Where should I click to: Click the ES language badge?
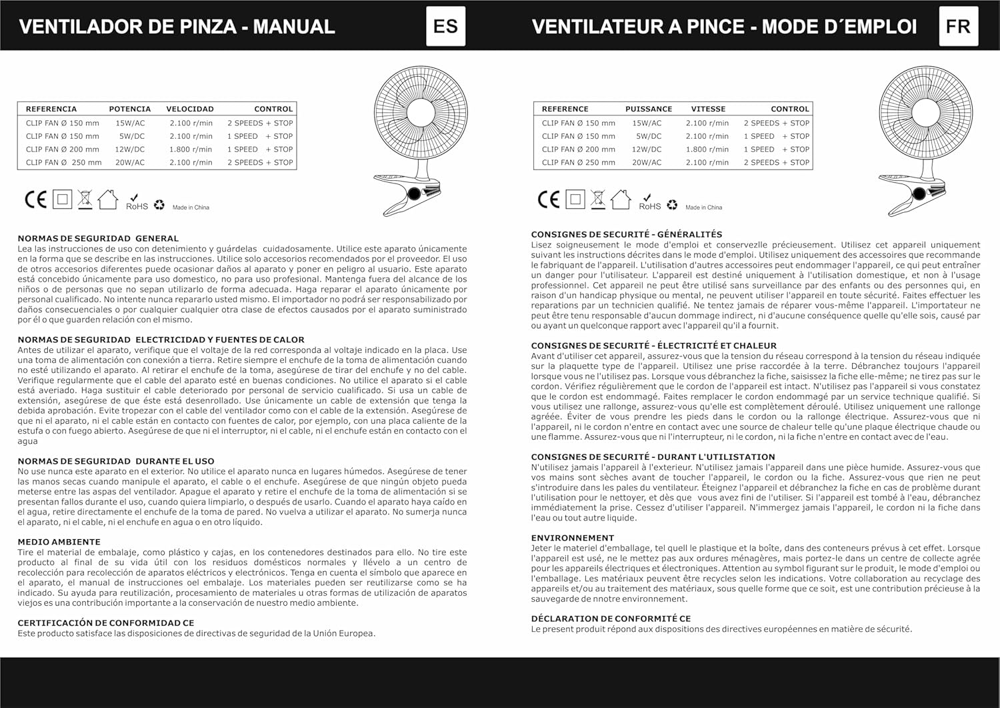(x=445, y=26)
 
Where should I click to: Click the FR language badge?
(x=958, y=26)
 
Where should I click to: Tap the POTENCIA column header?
(x=130, y=109)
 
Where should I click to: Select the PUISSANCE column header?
(x=649, y=109)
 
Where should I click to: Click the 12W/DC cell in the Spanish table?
(x=129, y=149)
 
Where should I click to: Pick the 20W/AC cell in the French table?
(x=647, y=162)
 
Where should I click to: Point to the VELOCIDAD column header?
(x=190, y=109)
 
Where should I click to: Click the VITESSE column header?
(x=708, y=109)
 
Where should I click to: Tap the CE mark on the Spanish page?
(x=35, y=200)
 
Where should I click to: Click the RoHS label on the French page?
(x=649, y=206)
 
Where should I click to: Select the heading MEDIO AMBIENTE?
(x=59, y=542)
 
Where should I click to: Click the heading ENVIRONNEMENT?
(x=573, y=538)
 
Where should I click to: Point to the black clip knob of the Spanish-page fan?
(x=413, y=194)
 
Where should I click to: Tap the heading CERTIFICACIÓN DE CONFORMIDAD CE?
(x=106, y=623)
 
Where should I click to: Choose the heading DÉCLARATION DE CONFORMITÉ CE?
(x=611, y=619)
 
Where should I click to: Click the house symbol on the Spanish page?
(x=107, y=199)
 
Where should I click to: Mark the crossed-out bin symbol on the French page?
(x=598, y=199)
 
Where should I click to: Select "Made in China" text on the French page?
(x=703, y=208)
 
